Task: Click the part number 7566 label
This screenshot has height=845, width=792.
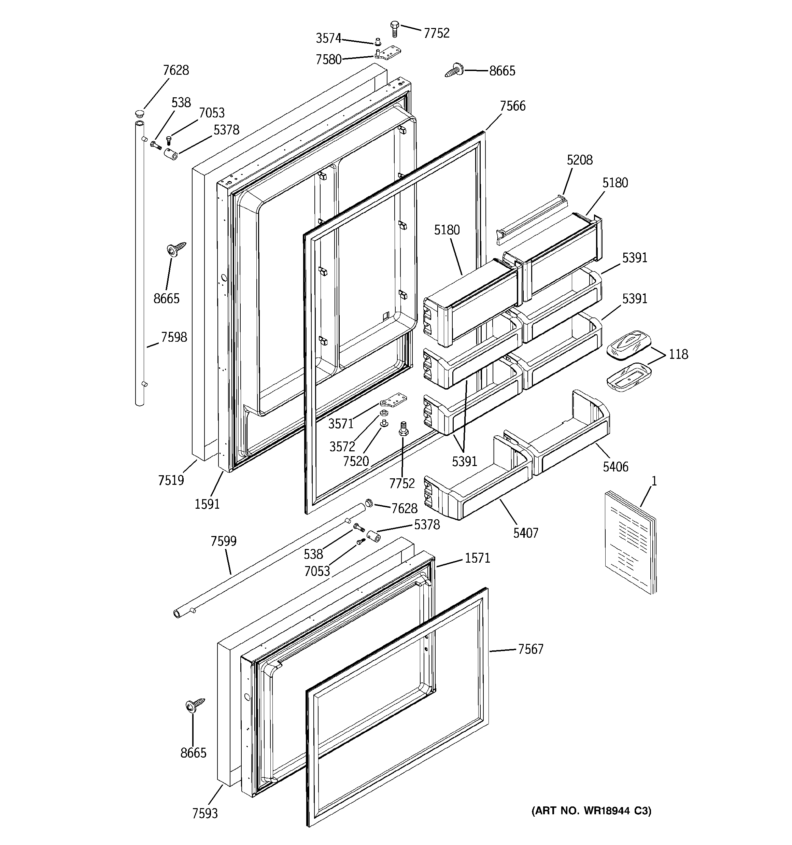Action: point(512,106)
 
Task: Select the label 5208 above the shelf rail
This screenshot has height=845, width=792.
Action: point(579,160)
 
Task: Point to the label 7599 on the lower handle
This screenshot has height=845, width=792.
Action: point(224,541)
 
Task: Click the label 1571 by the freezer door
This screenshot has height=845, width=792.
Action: point(477,558)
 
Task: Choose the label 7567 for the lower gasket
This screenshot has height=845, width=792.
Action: point(531,649)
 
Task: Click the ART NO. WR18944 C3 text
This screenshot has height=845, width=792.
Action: point(591,811)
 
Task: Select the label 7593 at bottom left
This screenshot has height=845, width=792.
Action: point(205,813)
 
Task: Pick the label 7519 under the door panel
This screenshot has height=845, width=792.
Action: point(171,480)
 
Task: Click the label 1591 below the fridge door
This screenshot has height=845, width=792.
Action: point(207,504)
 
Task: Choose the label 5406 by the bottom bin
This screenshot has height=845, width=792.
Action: point(615,467)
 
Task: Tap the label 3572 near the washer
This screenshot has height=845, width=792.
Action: point(342,446)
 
